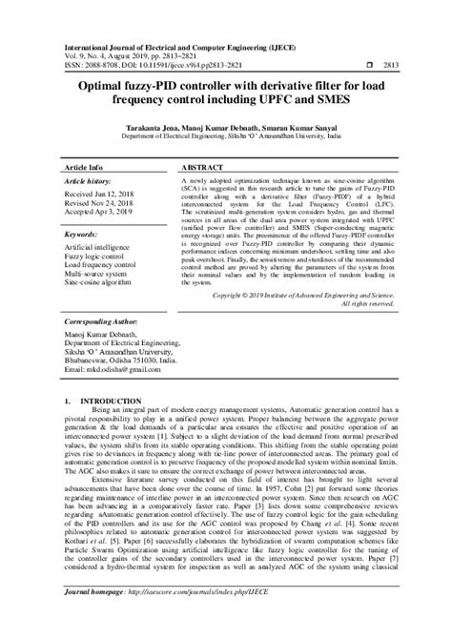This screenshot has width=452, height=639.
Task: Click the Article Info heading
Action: (83, 165)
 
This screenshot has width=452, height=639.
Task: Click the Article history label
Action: (88, 180)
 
